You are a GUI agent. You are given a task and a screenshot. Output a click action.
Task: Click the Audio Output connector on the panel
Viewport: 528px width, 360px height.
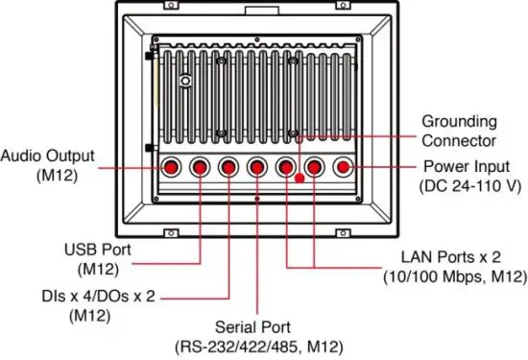[171, 168]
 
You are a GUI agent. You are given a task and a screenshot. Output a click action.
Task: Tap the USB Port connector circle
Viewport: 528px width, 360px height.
[200, 168]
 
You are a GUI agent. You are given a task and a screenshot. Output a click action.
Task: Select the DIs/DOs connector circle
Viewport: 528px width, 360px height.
[228, 168]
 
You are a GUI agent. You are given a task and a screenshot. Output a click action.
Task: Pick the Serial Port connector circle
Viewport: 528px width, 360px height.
[257, 168]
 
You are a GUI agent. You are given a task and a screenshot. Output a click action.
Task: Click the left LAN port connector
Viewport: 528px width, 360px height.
[286, 168]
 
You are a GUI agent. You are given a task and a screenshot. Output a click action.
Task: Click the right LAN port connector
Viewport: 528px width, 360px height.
[315, 168]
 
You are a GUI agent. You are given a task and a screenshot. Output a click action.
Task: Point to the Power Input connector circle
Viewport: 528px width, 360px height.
[344, 168]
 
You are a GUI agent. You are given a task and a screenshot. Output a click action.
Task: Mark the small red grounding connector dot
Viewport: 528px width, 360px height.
[300, 179]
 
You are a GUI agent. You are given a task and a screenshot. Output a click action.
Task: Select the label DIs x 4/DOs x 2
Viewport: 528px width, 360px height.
[96, 295]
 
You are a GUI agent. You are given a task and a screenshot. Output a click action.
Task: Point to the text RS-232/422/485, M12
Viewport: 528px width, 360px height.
[257, 346]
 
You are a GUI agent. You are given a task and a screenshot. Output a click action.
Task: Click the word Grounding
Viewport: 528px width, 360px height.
[459, 122]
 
